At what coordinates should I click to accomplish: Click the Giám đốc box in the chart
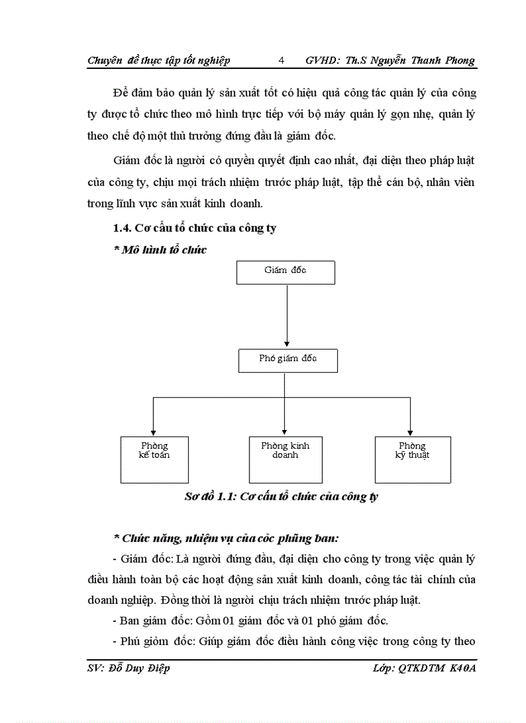(x=286, y=272)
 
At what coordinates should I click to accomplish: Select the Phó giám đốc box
(x=288, y=361)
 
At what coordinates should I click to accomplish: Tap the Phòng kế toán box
(x=154, y=460)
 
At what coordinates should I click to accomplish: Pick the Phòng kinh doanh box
(x=286, y=460)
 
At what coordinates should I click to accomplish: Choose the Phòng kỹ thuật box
(x=413, y=460)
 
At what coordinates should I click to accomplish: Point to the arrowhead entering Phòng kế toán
(x=153, y=431)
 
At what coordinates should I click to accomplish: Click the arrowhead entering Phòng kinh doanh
(x=285, y=431)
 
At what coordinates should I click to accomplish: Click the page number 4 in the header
(x=281, y=61)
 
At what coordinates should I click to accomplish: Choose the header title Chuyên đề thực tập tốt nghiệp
(x=159, y=61)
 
